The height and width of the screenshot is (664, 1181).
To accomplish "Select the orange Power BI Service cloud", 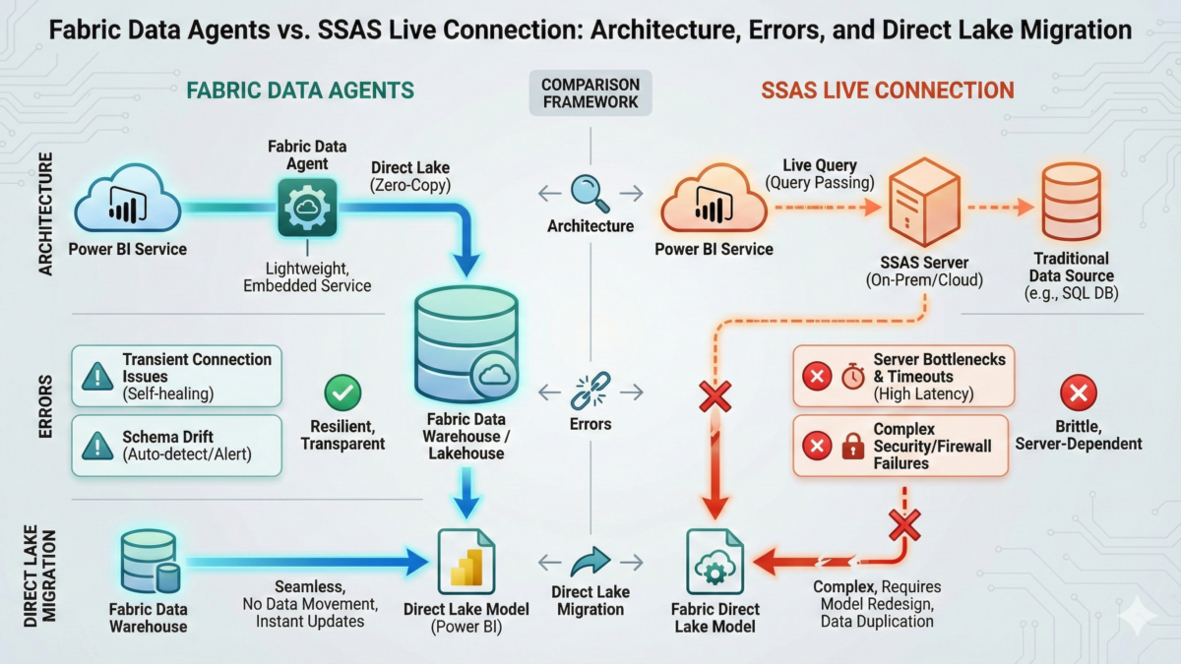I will tap(714, 202).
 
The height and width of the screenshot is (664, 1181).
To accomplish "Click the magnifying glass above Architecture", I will tap(590, 191).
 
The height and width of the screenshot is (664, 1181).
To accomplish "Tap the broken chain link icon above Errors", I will tap(590, 391).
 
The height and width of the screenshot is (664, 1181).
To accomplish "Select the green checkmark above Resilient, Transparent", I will tap(342, 394).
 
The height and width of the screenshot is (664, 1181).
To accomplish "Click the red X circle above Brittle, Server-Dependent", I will tap(1079, 394).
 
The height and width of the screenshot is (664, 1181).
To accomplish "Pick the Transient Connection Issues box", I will tap(177, 375).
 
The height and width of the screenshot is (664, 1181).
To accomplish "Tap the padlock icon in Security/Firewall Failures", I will tap(852, 447).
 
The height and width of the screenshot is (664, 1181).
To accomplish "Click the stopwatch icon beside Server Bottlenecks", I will tap(852, 375).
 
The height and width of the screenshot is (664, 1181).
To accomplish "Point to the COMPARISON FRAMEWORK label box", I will tap(590, 93).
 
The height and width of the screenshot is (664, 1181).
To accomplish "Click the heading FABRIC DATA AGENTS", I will tap(299, 91).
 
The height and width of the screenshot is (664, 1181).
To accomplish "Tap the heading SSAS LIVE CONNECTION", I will tap(887, 91).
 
